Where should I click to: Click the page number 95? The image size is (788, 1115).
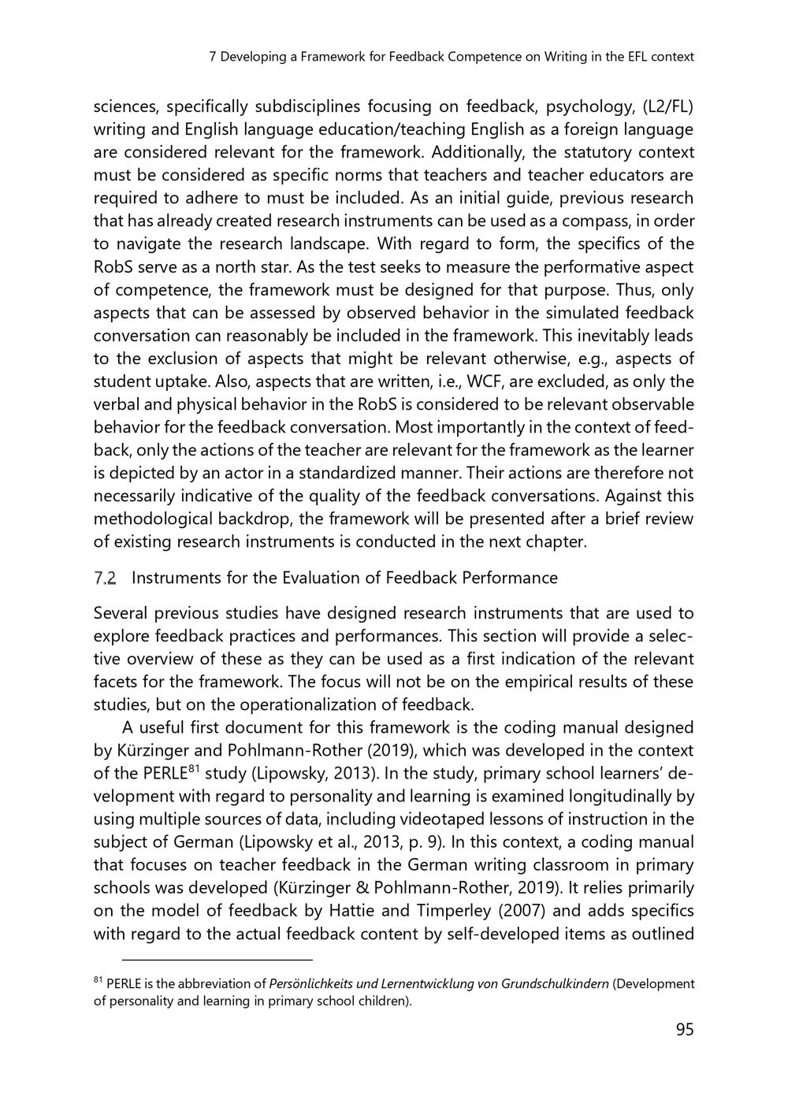[x=684, y=1029]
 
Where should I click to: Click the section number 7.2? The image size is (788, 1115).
[x=105, y=578]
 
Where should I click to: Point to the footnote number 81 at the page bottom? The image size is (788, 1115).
[x=98, y=980]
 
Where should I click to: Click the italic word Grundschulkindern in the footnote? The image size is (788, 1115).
[x=555, y=983]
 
